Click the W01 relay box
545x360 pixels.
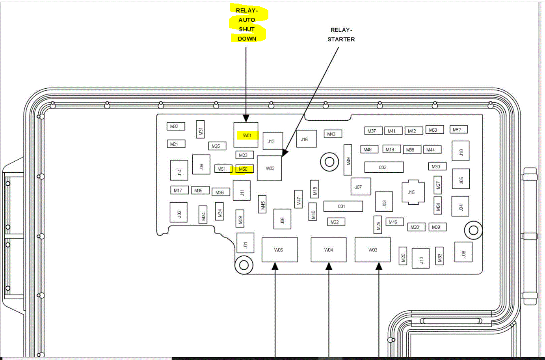246,135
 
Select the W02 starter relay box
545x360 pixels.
270,168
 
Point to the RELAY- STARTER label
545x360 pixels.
341,35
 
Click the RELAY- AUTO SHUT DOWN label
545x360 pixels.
247,24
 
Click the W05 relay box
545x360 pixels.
279,250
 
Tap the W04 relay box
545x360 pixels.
329,250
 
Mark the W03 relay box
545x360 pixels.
372,250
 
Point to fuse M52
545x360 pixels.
458,129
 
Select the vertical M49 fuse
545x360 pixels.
348,160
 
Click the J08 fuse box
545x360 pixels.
463,252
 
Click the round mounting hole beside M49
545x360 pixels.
329,162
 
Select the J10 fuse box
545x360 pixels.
460,151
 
